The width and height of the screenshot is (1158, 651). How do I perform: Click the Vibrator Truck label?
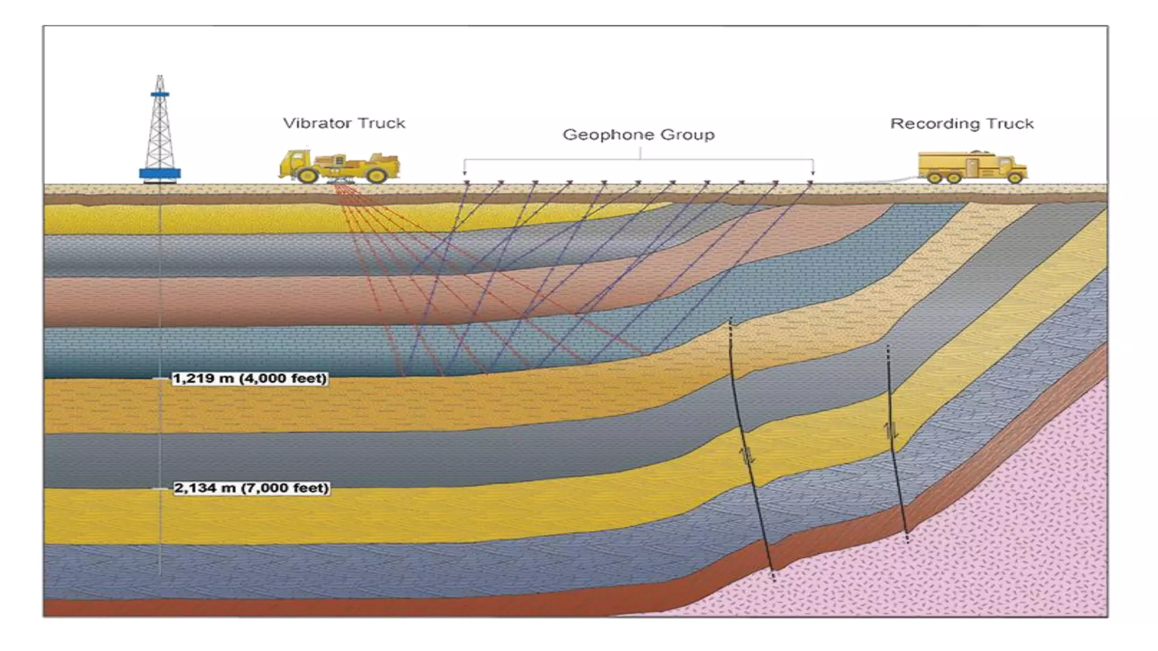(344, 123)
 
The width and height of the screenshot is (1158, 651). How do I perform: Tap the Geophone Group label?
(638, 135)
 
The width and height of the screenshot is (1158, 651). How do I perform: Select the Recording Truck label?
(962, 124)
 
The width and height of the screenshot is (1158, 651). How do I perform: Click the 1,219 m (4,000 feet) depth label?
(249, 379)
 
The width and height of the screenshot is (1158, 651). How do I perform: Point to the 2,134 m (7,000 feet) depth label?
(251, 488)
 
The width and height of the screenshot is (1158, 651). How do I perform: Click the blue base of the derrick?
(160, 173)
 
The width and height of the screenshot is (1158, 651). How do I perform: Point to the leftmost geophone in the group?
(466, 183)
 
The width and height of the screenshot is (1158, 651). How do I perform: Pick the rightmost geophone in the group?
(810, 183)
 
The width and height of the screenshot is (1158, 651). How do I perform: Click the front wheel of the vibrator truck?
(307, 175)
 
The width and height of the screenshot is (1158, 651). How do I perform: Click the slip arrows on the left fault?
(748, 455)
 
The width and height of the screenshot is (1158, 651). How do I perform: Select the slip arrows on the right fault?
(892, 431)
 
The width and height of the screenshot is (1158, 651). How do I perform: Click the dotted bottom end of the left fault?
(774, 575)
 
